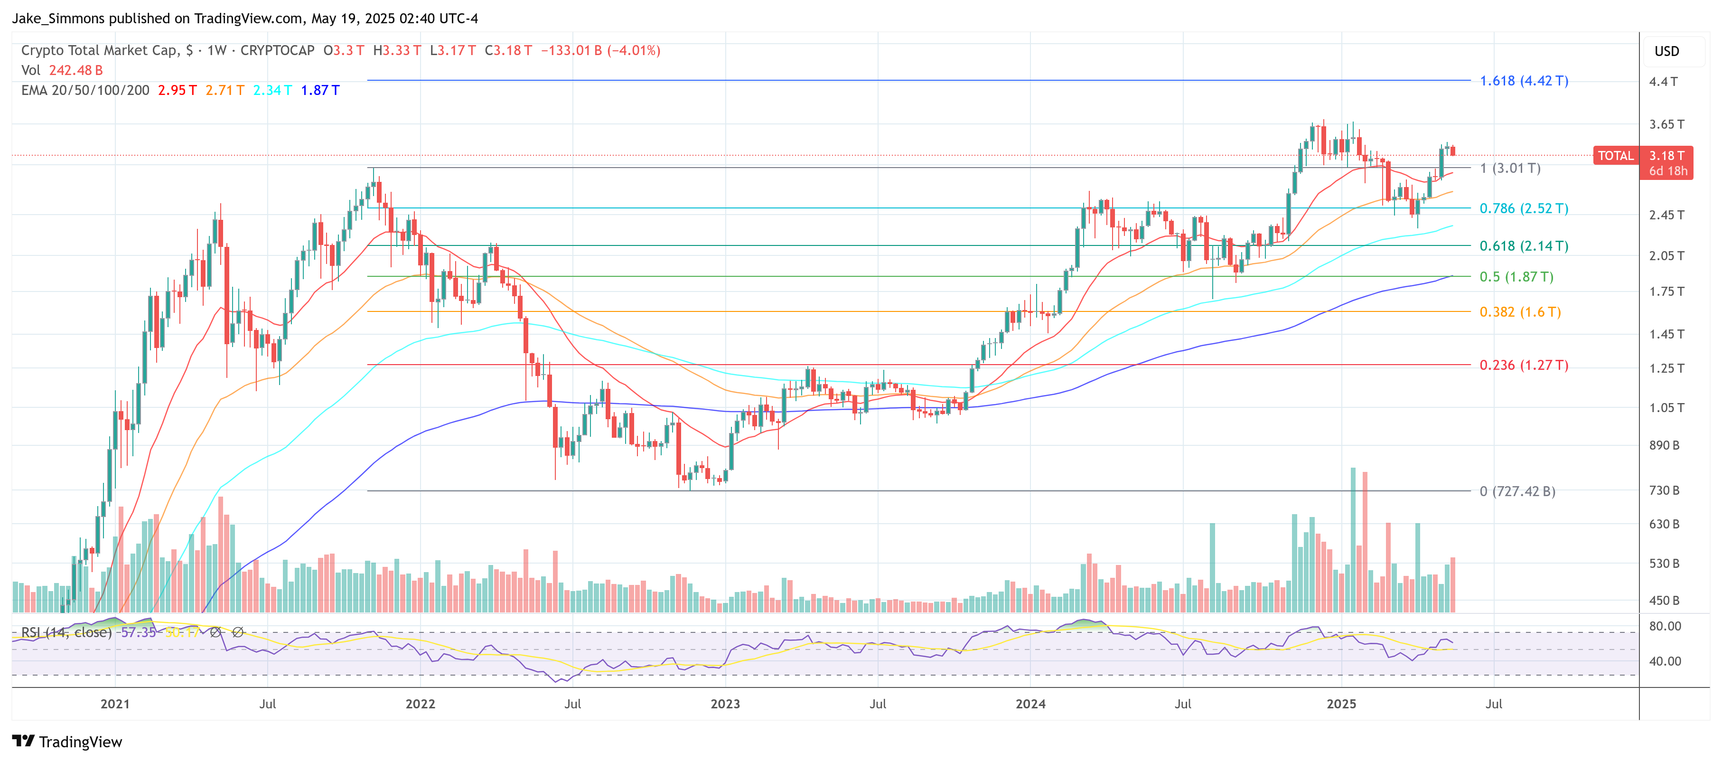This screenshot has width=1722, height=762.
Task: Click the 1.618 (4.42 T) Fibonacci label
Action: [1524, 81]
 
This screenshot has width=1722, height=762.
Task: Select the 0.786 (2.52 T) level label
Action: [1524, 208]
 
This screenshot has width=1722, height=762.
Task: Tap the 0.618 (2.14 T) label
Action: [1524, 246]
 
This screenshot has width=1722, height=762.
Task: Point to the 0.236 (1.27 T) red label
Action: [1524, 365]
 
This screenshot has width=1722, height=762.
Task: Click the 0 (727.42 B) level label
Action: [1517, 491]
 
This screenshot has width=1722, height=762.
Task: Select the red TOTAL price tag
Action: [1615, 156]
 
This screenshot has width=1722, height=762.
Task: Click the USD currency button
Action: [1666, 51]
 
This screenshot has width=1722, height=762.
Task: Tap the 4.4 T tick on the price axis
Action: [1663, 82]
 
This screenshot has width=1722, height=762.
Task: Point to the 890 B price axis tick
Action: [1663, 445]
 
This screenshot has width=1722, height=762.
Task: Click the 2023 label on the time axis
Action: [725, 704]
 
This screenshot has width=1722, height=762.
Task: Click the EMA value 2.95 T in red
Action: [177, 90]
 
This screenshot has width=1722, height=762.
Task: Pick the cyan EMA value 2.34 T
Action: [272, 90]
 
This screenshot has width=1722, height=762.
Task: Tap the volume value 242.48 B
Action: [75, 70]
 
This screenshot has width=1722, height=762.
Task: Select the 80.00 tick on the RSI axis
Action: [1665, 626]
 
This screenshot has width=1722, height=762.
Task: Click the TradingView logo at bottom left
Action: [67, 742]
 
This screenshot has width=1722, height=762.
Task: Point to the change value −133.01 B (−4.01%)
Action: [600, 51]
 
